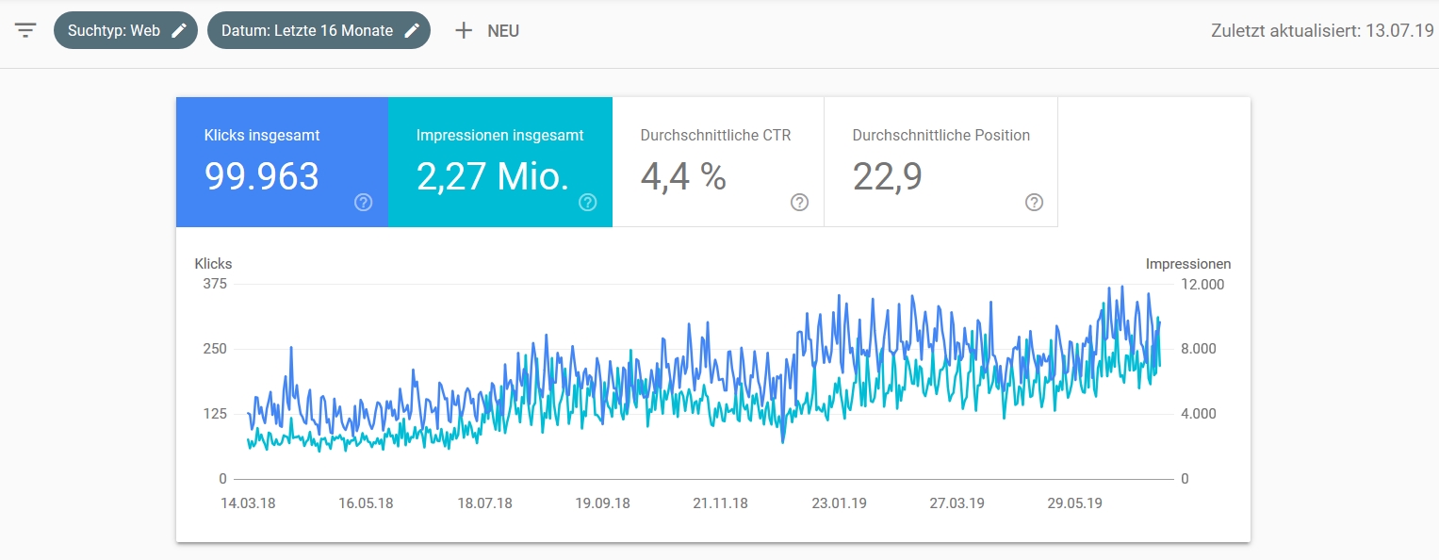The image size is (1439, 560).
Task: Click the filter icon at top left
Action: [25, 30]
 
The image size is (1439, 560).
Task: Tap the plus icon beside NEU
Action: [463, 30]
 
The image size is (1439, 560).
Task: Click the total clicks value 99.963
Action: [262, 176]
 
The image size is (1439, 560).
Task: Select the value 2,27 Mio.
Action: [493, 176]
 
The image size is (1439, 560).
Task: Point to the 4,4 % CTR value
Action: [683, 176]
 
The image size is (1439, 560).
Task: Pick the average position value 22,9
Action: [887, 176]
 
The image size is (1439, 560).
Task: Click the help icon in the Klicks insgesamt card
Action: [364, 203]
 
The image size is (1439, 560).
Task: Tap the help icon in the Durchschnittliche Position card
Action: [1034, 203]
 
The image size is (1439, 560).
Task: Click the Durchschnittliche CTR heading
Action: [715, 136]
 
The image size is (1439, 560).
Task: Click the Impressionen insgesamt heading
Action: [499, 136]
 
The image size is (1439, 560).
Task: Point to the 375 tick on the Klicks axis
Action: [215, 284]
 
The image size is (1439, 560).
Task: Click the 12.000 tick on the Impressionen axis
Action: [1202, 284]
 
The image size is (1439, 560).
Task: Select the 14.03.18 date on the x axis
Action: [248, 503]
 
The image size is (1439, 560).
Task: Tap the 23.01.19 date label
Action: [839, 503]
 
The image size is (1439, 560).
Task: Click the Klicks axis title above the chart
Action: [213, 264]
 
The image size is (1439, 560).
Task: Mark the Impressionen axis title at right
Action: [1188, 264]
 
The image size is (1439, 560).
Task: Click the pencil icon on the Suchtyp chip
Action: [179, 30]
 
